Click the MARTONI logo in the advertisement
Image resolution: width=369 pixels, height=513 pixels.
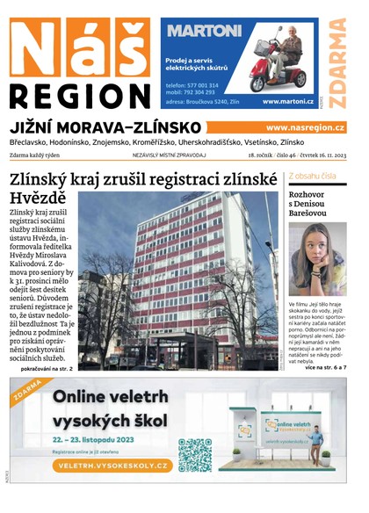coord(204,31)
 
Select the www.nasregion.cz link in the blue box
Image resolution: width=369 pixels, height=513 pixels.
coord(305,128)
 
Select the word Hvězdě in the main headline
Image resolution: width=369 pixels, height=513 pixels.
coord(38,198)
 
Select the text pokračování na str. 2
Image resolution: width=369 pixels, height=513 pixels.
coord(41,368)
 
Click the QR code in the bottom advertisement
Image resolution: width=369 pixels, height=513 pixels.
coord(195,455)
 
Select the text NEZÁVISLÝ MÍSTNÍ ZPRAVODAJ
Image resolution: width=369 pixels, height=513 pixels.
coord(169,155)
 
